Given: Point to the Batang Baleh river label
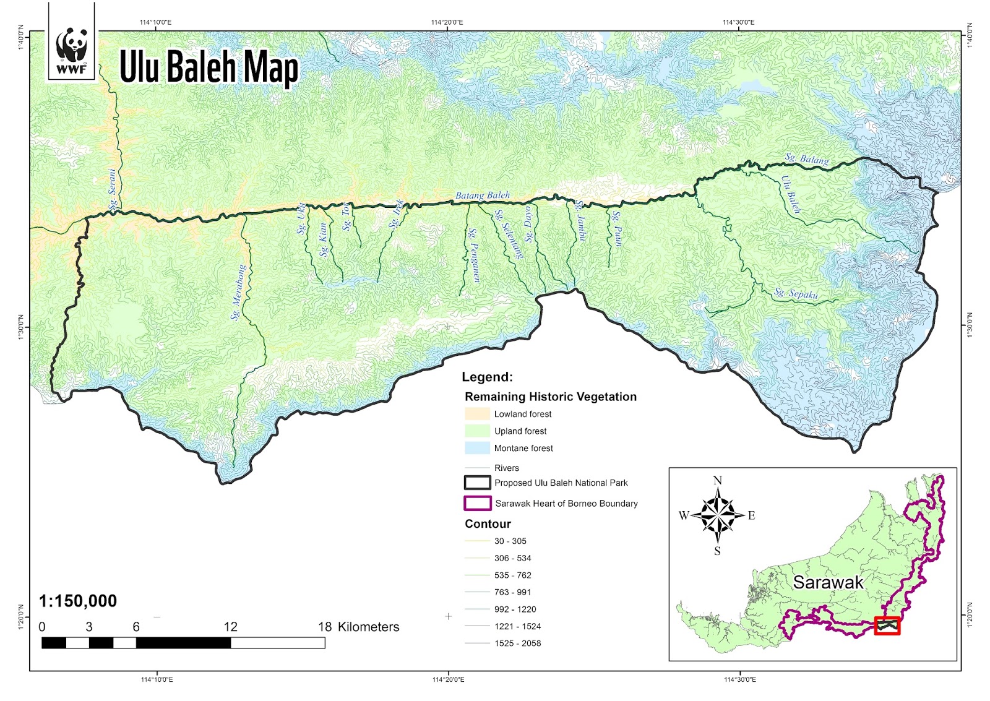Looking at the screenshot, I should click(483, 196).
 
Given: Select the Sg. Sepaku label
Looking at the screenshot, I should click(796, 294).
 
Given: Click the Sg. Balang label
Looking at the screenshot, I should click(807, 158).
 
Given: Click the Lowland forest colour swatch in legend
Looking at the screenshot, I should click(477, 414).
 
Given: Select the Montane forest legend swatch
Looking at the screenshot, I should click(477, 448).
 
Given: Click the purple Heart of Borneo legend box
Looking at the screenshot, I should click(477, 503).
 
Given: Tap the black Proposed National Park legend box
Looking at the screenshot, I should click(477, 483).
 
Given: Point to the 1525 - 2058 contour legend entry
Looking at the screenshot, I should click(517, 643).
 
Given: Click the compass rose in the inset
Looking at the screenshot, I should click(718, 515).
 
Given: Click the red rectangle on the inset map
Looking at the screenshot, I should click(887, 626).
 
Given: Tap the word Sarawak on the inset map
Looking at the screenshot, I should click(828, 582).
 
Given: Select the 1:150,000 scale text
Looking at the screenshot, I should click(77, 601).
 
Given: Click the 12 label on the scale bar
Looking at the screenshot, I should click(230, 627).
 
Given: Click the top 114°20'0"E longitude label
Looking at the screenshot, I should click(447, 22).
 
